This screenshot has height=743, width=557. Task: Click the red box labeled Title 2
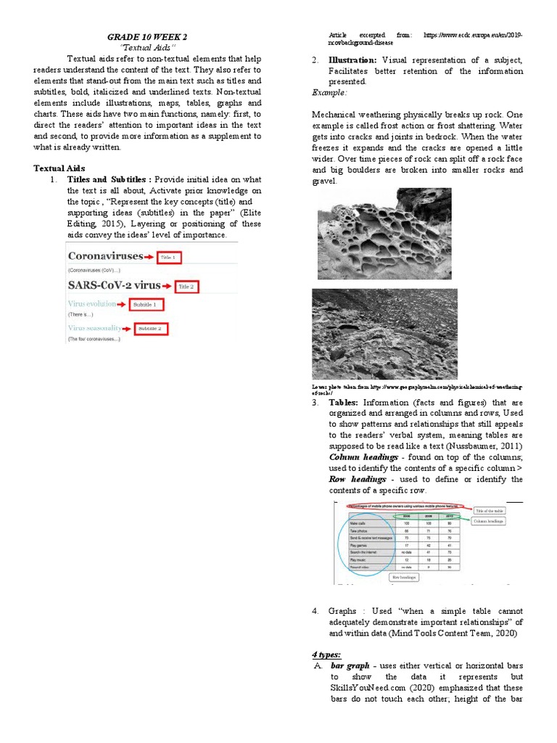click(x=186, y=286)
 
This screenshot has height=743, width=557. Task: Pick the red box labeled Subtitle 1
click(x=147, y=305)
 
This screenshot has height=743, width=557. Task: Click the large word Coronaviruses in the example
click(x=105, y=256)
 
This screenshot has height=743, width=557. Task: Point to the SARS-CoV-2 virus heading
click(x=113, y=285)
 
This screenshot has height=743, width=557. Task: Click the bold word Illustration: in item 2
click(x=352, y=60)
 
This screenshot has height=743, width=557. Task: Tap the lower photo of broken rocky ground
click(x=384, y=333)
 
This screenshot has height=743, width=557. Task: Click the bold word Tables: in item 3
click(x=344, y=402)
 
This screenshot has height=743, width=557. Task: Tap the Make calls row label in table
click(x=358, y=523)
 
